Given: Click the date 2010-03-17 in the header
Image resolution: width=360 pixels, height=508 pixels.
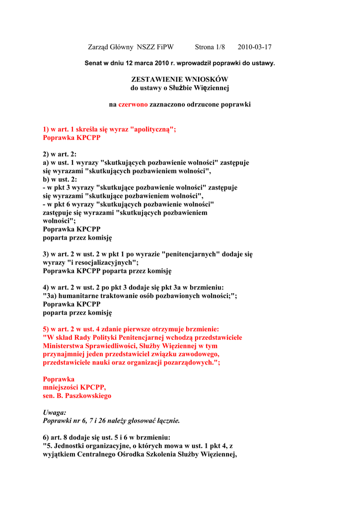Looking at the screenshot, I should point(254,47).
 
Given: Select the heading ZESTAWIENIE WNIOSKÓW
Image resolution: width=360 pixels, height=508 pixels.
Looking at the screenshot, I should point(179,79).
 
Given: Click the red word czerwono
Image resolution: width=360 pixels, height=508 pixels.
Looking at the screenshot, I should point(133,105).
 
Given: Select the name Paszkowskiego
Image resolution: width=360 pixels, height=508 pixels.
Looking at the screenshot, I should point(86,396).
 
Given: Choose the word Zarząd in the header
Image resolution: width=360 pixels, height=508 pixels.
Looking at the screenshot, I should point(99,47).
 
